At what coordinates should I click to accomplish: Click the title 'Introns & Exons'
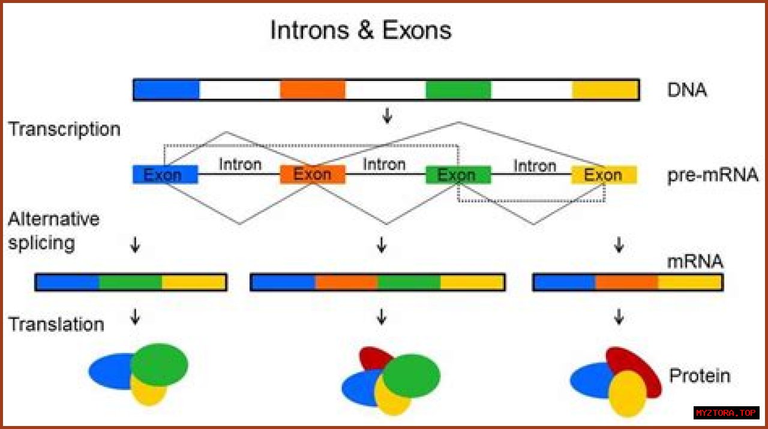[x=361, y=30]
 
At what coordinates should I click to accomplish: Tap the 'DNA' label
[x=687, y=90]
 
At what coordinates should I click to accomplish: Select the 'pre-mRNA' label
[x=712, y=175]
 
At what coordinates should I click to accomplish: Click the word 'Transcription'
[x=64, y=129]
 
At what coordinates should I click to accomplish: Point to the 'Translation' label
[x=56, y=324]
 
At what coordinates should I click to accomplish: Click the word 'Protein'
[x=700, y=376]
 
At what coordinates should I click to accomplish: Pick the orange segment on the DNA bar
[x=313, y=89]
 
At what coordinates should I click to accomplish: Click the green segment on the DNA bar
[x=458, y=89]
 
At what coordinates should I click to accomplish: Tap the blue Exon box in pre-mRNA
[x=165, y=175]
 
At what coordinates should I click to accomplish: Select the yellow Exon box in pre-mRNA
[x=603, y=175]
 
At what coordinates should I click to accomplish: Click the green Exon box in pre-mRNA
[x=458, y=175]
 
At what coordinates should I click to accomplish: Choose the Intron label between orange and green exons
[x=384, y=164]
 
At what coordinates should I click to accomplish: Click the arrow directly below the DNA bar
[x=387, y=116]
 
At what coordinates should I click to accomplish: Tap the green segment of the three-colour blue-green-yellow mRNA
[x=130, y=282]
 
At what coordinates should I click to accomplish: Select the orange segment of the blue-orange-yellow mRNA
[x=626, y=282]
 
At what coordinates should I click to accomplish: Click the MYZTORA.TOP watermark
[x=726, y=413]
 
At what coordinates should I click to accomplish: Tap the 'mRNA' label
[x=695, y=262]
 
